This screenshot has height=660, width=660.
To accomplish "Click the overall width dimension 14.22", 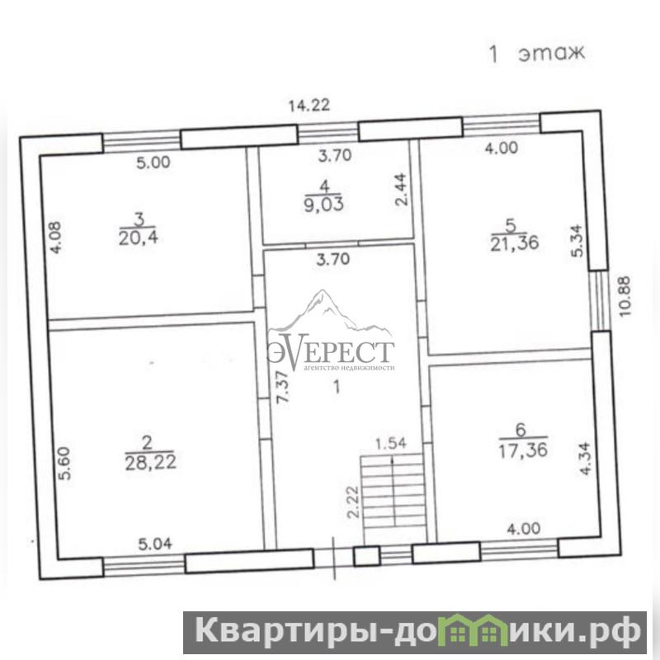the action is coord(309,106).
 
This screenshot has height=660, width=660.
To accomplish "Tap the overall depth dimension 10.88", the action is coord(625,296).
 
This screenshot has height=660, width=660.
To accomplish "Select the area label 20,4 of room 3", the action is coord(138,238).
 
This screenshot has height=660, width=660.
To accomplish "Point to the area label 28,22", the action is coord(150,463).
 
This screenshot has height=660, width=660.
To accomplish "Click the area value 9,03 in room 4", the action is coord(323,205).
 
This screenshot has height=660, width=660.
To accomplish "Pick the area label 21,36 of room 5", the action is coord(514,243).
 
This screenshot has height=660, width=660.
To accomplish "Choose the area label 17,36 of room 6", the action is coord(523,450).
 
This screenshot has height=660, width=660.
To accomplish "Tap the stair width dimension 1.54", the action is coord(390,443).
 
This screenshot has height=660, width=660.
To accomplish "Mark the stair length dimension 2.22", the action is coord(353,502).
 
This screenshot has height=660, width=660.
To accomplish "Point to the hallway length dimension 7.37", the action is coord(283,387).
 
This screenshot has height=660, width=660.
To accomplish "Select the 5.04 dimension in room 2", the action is coord(155,544).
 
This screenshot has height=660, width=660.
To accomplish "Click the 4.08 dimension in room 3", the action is coord(55,238).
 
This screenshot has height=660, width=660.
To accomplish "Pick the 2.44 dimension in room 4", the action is coord(401,190).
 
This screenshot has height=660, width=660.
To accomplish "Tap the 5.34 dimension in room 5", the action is coord(577,241).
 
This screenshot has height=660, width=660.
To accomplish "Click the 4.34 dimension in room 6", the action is coord(585,459).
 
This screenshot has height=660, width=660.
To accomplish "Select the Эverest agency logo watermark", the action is coord(331,331).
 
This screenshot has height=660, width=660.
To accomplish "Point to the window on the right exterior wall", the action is coord(600,300).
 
